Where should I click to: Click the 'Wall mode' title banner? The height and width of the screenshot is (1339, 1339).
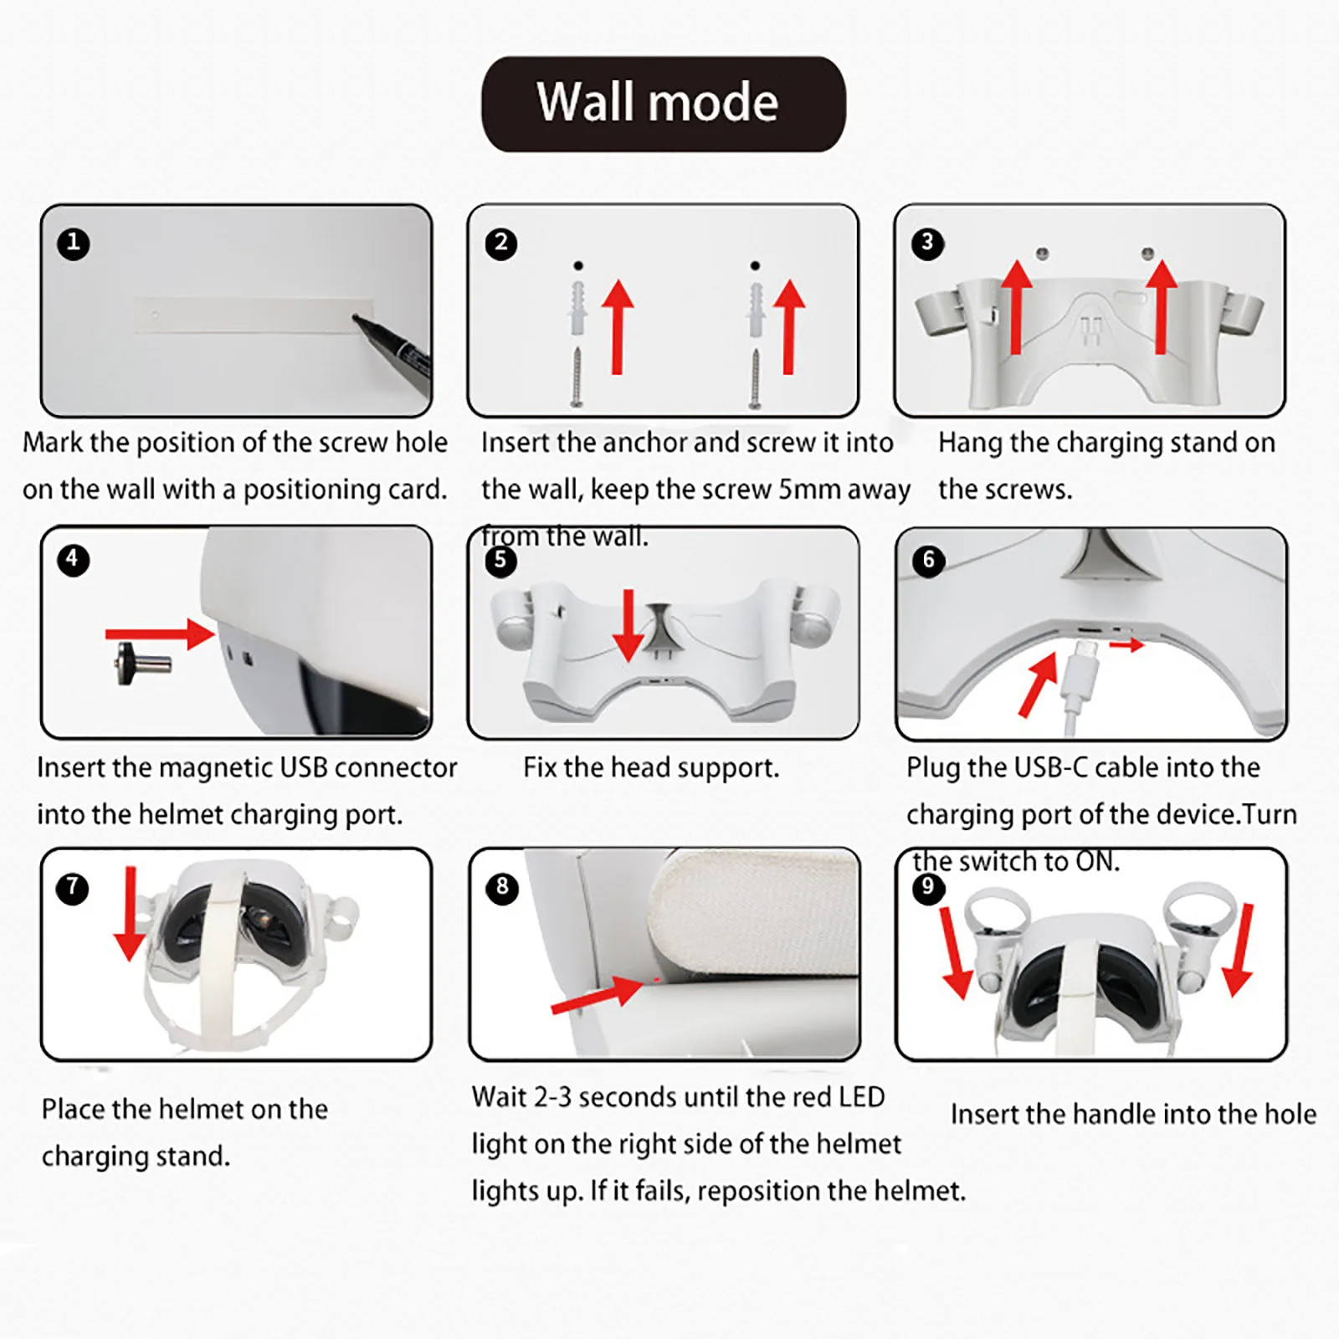click(x=663, y=104)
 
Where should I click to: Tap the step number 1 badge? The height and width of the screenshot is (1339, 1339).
click(x=74, y=244)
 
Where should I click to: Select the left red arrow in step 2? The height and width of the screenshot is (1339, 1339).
click(x=618, y=327)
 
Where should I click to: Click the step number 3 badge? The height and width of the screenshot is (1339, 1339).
click(x=927, y=244)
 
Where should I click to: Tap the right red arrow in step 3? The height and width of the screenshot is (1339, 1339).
click(x=1161, y=307)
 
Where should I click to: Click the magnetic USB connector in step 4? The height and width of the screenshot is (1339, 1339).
click(x=144, y=664)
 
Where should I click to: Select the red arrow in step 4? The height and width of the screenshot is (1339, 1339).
click(x=161, y=634)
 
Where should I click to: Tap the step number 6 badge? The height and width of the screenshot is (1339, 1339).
click(x=928, y=560)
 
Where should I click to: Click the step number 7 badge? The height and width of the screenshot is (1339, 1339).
click(x=73, y=888)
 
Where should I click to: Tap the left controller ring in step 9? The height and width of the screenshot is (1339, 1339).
click(x=996, y=911)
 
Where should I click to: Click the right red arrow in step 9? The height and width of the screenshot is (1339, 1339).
click(x=1239, y=950)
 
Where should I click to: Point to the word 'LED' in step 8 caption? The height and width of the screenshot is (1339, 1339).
click(x=861, y=1096)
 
